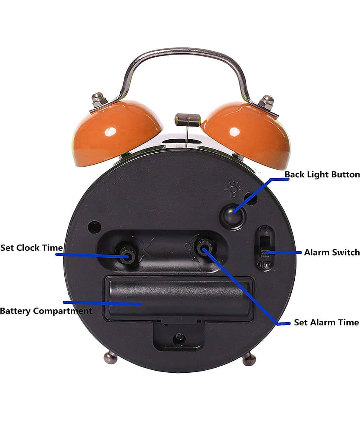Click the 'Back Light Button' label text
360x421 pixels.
tap(322, 174)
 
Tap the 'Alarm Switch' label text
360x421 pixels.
tap(332, 252)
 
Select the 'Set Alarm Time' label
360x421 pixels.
tap(327, 322)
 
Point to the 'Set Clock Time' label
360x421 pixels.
tap(31, 248)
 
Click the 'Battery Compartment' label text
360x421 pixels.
tap(46, 311)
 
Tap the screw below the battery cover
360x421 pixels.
tap(179, 338)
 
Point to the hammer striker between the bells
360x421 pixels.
tap(188, 119)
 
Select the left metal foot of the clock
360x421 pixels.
tap(111, 358)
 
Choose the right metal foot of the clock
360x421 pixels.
tap(249, 359)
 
